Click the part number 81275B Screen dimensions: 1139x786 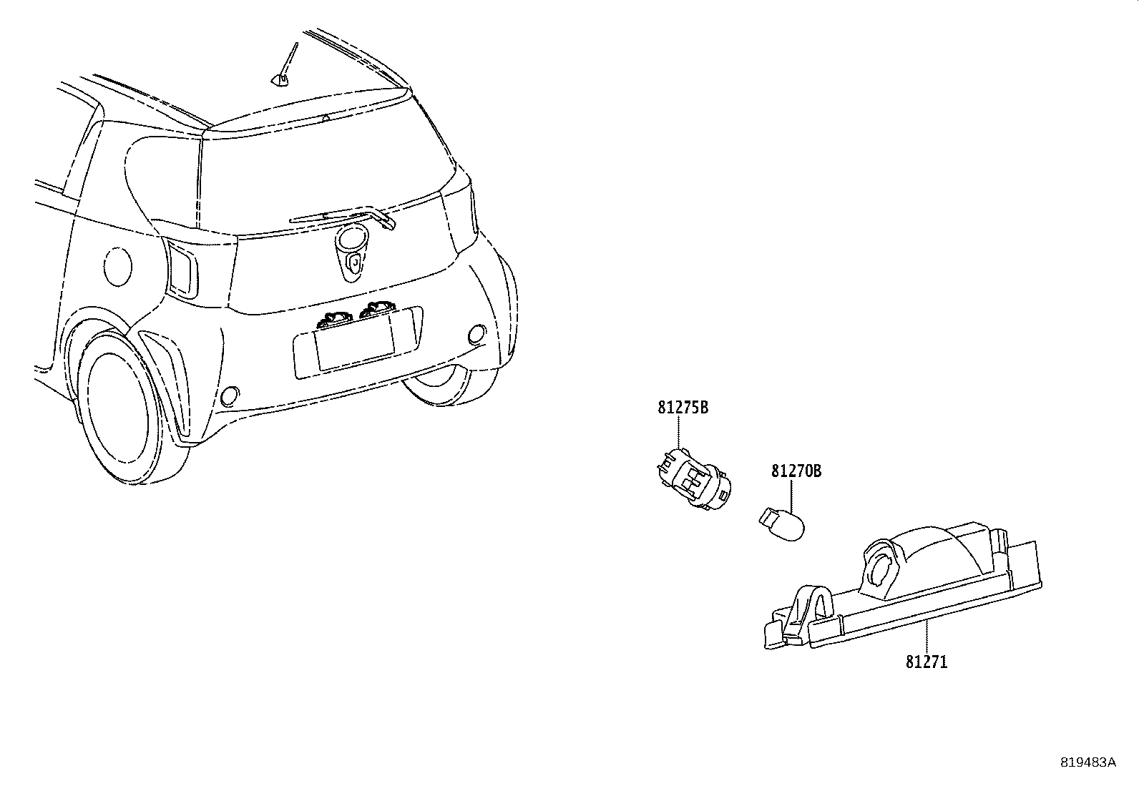pyautogui.click(x=683, y=408)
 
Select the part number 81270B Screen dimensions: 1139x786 pyautogui.click(x=796, y=471)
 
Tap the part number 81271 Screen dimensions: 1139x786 pyautogui.click(x=927, y=662)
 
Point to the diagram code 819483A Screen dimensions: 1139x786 pyautogui.click(x=1087, y=762)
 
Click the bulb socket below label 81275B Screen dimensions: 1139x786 pyautogui.click(x=695, y=478)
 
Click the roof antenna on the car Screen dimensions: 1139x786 pyautogui.click(x=285, y=65)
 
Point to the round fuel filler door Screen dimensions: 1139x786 pyautogui.click(x=117, y=267)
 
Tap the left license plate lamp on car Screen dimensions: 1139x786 pyautogui.click(x=335, y=320)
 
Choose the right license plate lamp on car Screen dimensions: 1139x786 pyautogui.click(x=377, y=310)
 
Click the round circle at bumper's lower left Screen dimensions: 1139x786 pyautogui.click(x=230, y=396)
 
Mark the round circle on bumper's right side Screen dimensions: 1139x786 pyautogui.click(x=476, y=334)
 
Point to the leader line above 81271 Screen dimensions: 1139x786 pyautogui.click(x=927, y=637)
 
